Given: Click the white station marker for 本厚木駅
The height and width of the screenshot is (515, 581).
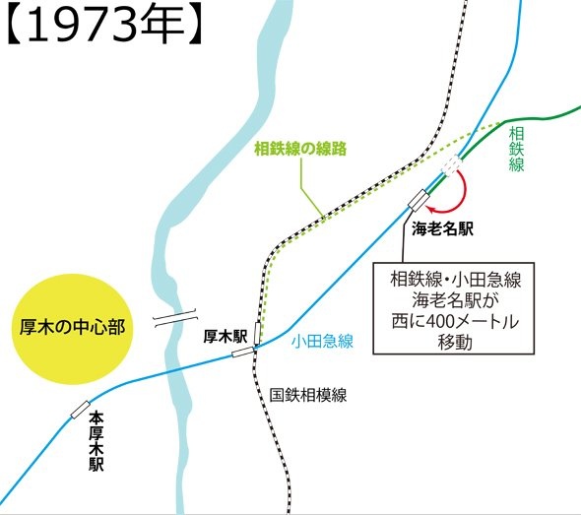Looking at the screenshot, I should (x=79, y=409).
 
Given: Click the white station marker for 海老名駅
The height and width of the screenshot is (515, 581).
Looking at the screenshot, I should (x=419, y=199).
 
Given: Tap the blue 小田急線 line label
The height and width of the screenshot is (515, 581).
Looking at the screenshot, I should (x=323, y=342).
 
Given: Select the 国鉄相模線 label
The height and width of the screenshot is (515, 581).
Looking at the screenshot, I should (x=308, y=395).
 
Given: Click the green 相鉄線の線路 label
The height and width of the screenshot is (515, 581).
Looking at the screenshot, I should (x=303, y=150).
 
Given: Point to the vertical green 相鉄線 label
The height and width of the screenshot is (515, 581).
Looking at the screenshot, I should (x=516, y=149).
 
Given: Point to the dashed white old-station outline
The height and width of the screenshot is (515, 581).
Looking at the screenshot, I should (x=452, y=163).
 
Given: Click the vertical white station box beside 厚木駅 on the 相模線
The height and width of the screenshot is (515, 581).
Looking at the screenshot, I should (x=258, y=334).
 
